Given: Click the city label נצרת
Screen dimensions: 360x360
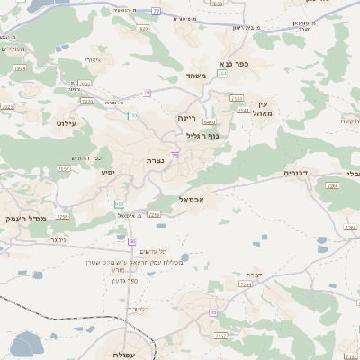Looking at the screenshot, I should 155,160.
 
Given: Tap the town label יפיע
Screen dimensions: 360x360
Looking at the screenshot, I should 107,172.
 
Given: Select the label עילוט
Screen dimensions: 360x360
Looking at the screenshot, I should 67,121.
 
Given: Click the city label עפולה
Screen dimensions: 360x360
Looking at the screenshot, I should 125,355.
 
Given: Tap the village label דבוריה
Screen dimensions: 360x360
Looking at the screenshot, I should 296,173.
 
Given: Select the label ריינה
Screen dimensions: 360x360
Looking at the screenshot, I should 186,118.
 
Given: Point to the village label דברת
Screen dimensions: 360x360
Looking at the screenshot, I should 253,274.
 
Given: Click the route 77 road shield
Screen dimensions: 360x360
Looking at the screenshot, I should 156,12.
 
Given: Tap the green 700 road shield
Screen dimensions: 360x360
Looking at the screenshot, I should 132,115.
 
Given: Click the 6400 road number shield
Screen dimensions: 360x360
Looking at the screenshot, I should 210,122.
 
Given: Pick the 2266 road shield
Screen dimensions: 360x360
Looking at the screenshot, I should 62,217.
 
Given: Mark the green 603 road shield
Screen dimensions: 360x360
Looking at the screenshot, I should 120,204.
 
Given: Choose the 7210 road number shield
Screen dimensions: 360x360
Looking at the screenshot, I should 154,215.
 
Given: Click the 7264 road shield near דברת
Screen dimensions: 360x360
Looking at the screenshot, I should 245,283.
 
